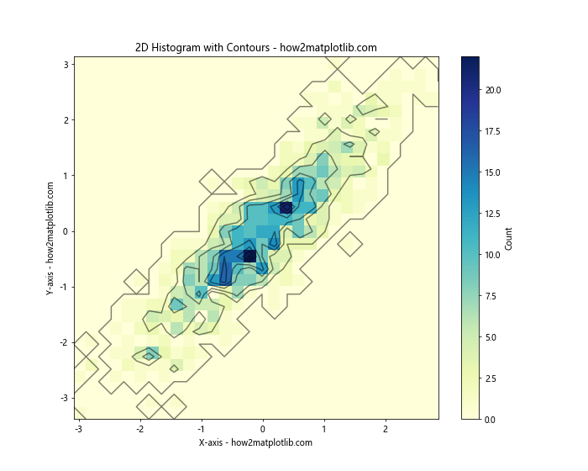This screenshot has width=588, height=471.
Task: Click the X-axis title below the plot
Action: coord(255,442)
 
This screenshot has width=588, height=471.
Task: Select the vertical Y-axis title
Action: coord(50,238)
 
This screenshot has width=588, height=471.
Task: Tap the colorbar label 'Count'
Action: coord(509,238)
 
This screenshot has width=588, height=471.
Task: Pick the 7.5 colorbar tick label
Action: coord(491,295)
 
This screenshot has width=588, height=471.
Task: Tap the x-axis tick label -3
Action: coord(78,429)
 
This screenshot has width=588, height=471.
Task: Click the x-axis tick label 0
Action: coord(263,429)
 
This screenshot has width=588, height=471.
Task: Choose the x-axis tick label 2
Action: coord(386,429)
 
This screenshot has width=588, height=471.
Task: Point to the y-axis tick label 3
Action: coord(65,64)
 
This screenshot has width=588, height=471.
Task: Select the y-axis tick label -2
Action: coord(62,343)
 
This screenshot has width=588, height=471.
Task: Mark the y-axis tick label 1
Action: coord(65,176)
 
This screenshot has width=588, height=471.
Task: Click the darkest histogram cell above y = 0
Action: coord(286,208)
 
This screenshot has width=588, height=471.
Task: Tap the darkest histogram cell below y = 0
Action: coord(249,256)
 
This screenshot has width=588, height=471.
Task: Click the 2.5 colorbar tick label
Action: coord(491,378)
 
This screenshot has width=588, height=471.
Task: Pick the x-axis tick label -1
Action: coord(200,429)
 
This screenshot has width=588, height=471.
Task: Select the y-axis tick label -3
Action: coord(62,399)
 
